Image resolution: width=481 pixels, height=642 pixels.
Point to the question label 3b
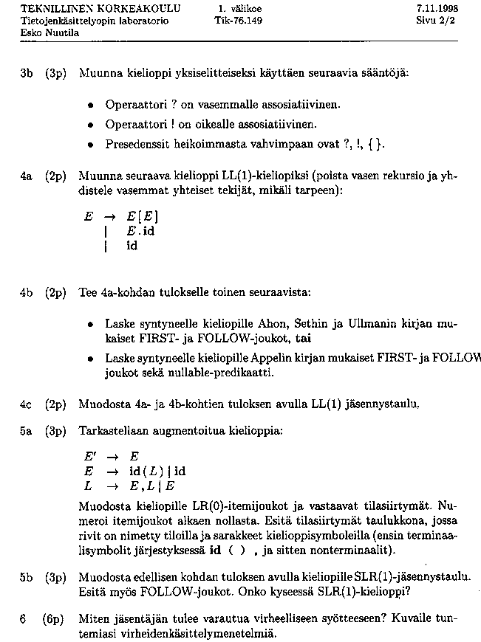tap(27, 74)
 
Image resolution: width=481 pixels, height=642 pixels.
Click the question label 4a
tap(27, 177)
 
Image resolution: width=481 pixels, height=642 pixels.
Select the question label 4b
tap(27, 292)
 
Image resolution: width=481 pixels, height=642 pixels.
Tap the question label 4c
tap(27, 404)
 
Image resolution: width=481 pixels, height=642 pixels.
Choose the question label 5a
tap(27, 429)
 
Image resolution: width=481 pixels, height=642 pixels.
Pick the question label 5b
tap(27, 576)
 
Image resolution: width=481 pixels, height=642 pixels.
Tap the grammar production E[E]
tap(143, 218)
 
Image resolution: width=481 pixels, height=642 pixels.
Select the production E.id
tap(140, 232)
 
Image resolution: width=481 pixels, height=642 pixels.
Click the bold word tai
tap(303, 340)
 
